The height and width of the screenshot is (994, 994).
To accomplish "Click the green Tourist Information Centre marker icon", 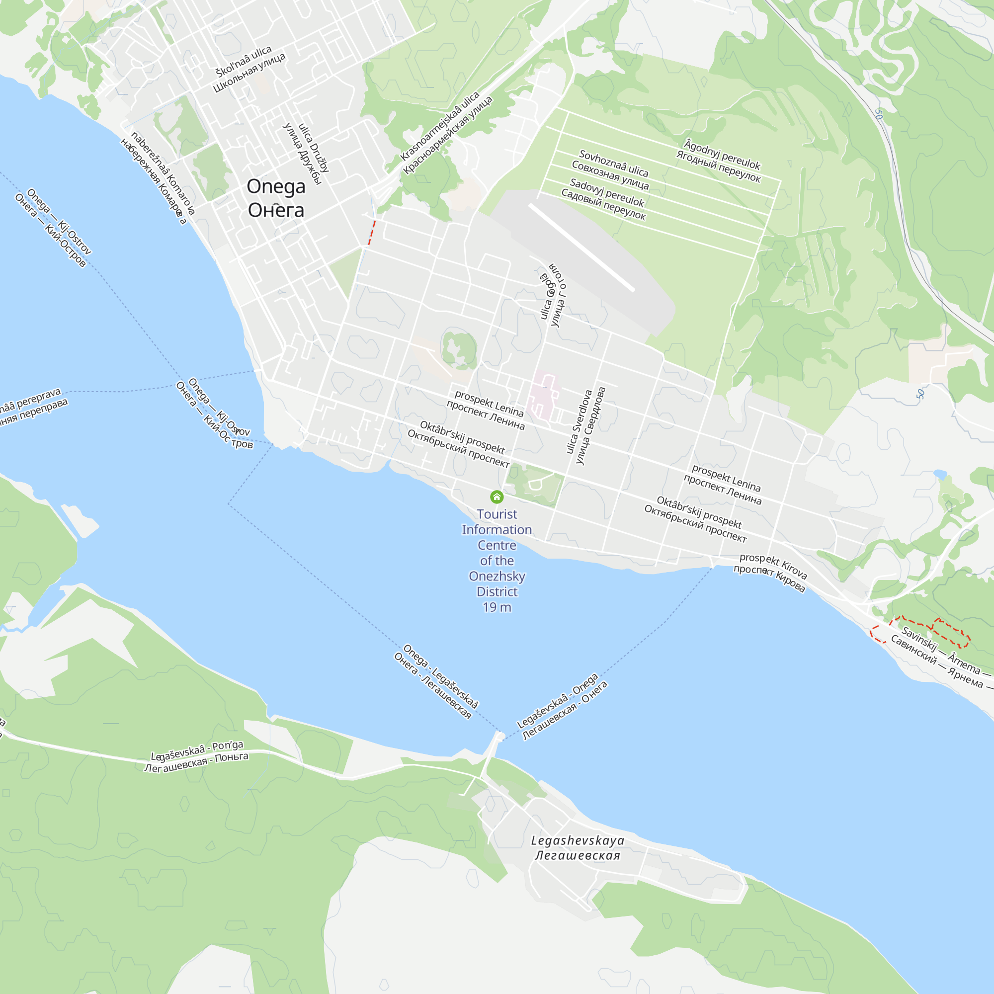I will pyautogui.click(x=497, y=497).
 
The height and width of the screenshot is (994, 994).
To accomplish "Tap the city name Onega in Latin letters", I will pyautogui.click(x=276, y=186).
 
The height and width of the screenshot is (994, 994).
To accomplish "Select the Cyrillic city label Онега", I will pyautogui.click(x=276, y=210).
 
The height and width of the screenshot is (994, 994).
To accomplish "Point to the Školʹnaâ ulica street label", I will pyautogui.click(x=244, y=61).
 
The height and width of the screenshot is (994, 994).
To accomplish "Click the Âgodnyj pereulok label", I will pyautogui.click(x=722, y=154).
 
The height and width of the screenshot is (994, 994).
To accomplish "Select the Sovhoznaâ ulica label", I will pyautogui.click(x=613, y=163).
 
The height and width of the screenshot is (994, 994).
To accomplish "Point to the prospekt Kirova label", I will pyautogui.click(x=773, y=566).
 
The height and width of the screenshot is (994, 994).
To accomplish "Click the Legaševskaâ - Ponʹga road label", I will pyautogui.click(x=197, y=750).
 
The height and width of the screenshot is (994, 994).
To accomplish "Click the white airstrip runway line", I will pyautogui.click(x=581, y=248).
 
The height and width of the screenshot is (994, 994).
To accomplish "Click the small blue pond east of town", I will pyautogui.click(x=940, y=474).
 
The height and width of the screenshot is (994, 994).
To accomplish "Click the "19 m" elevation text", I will pyautogui.click(x=497, y=607).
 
